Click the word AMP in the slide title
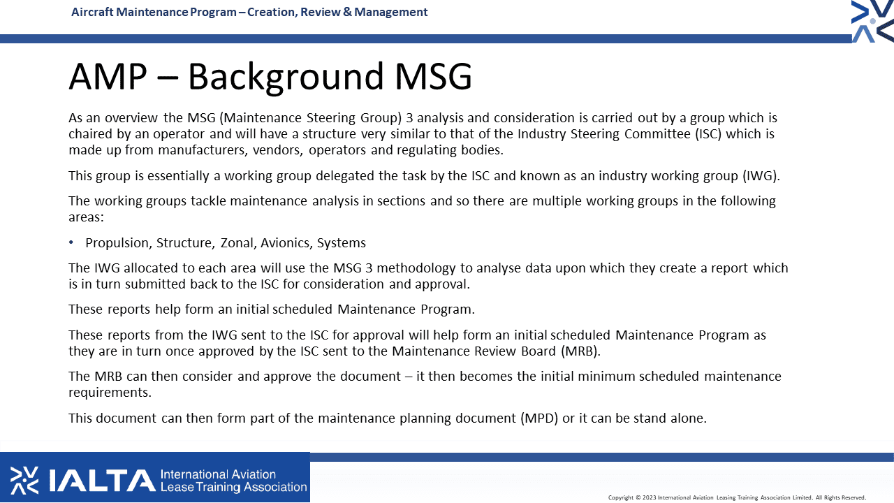[x=108, y=76]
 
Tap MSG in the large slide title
[x=434, y=76]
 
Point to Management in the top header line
[x=390, y=13]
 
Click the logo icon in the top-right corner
[x=872, y=21]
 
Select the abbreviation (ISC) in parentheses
[x=708, y=133]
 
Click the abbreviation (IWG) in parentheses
[x=761, y=175]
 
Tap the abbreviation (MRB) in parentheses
[x=580, y=351]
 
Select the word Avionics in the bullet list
[x=286, y=242]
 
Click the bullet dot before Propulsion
[x=71, y=242]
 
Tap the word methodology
[x=416, y=268]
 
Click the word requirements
[x=110, y=393]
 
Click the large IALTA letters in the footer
[x=102, y=481]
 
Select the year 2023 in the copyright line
[x=649, y=497]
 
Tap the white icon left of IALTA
[x=24, y=481]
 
